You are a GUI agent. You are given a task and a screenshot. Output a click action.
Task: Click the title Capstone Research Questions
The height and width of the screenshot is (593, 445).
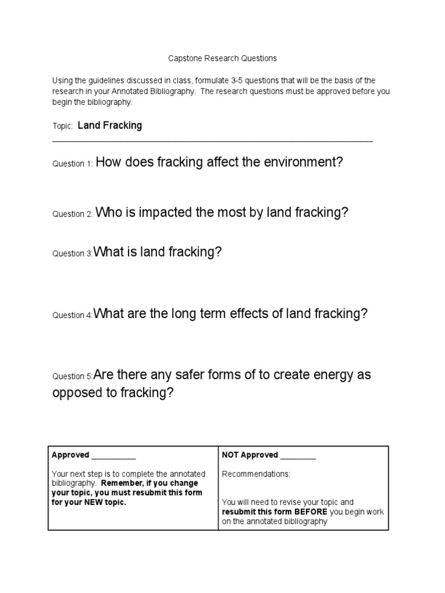(222, 58)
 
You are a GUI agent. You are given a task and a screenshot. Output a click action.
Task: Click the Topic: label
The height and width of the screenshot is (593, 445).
(62, 126)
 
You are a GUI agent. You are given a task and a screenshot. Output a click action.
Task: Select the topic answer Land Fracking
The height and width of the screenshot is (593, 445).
(110, 125)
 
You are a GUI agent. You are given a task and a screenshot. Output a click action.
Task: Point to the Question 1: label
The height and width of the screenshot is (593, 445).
(72, 164)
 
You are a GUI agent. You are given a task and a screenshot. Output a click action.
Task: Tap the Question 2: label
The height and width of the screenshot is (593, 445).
(72, 214)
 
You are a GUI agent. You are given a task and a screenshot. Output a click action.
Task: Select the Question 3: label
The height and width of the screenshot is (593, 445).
(72, 254)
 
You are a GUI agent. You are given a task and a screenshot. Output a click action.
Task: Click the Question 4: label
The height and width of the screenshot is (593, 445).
(72, 316)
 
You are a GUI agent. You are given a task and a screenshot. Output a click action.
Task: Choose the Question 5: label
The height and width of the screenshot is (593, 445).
(72, 376)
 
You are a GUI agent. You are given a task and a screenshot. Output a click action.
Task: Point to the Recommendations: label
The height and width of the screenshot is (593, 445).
(256, 474)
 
